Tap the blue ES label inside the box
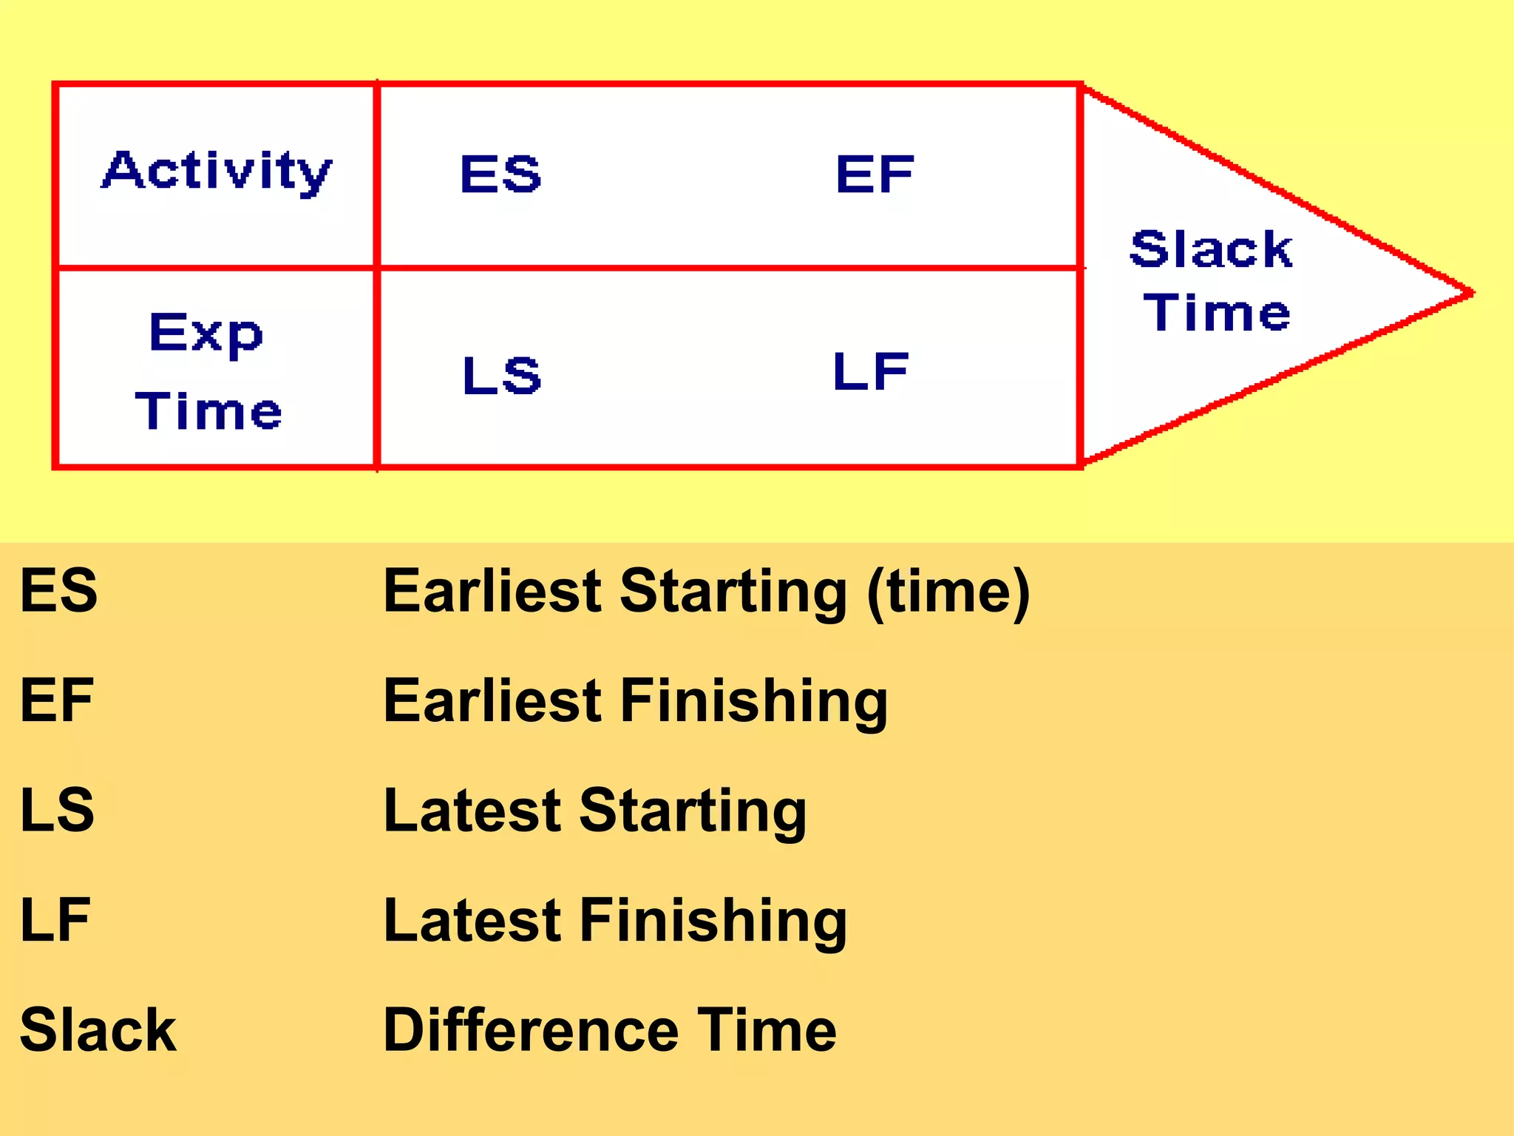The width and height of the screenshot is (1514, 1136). point(500,175)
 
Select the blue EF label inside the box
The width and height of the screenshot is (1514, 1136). point(875,175)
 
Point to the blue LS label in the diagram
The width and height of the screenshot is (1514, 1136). point(502,375)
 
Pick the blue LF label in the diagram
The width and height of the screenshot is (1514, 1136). point(870,371)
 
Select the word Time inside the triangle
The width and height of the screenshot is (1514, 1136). point(1217,312)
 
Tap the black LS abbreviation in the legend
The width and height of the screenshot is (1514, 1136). point(57,810)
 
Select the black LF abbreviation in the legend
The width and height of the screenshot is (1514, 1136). point(55,919)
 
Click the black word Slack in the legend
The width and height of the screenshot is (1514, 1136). point(98,1029)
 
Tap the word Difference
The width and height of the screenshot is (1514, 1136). point(531,1029)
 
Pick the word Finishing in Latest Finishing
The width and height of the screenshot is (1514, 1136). point(713,922)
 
